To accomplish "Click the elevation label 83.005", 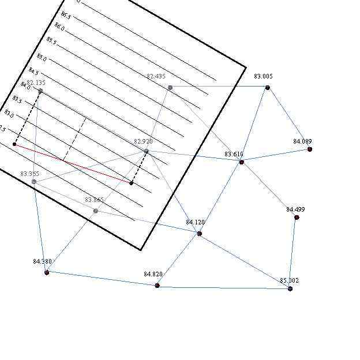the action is click(263, 76).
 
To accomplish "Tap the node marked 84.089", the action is click(310, 149).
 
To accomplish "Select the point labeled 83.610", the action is click(241, 162).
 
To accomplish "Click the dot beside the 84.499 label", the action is click(297, 217).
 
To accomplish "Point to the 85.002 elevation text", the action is click(289, 280).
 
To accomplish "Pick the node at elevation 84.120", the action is click(199, 234).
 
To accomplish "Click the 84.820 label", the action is click(153, 274).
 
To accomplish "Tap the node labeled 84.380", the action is click(47, 272).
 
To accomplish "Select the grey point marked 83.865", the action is click(96, 211).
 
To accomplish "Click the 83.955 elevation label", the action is click(29, 174).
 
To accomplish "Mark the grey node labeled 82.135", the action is click(40, 91).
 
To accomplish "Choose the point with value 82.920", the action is click(146, 151).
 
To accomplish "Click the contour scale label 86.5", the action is click(66, 15).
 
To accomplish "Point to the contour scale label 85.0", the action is click(42, 57).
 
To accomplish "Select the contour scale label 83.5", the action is click(17, 100).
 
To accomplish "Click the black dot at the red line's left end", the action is click(14, 144).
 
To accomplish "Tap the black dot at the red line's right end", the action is click(132, 183).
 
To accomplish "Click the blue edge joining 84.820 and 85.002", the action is click(223, 287).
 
